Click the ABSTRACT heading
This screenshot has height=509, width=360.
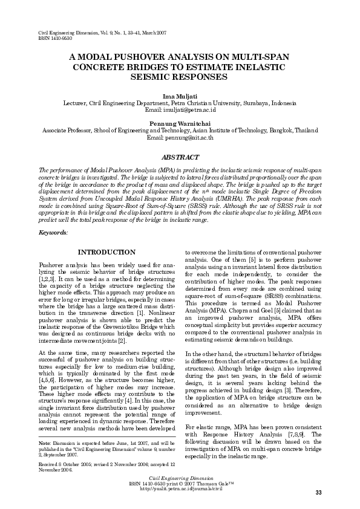[180, 157]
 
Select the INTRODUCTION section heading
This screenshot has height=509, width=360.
[107, 252]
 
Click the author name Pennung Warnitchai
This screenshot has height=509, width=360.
[180, 123]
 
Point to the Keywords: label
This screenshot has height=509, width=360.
[53, 232]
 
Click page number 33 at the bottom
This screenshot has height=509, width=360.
[318, 493]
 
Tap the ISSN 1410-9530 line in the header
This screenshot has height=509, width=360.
[54, 36]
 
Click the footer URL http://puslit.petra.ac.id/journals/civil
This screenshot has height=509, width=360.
[180, 488]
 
